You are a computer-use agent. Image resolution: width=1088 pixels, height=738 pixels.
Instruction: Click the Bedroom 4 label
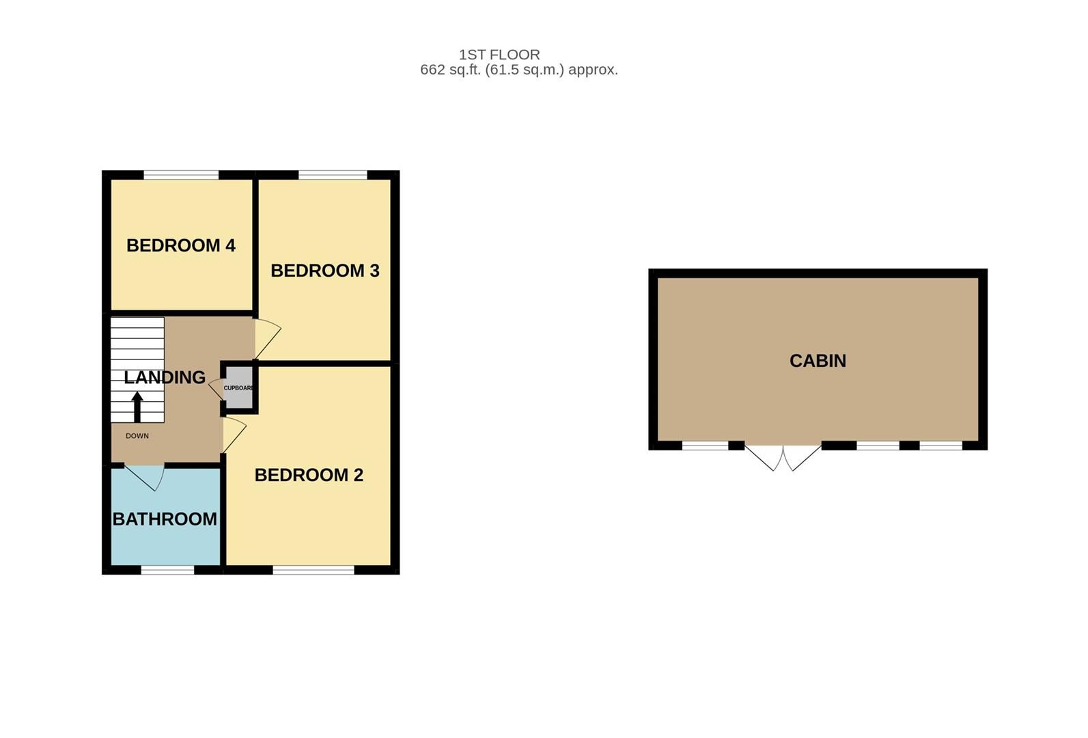pos(181,245)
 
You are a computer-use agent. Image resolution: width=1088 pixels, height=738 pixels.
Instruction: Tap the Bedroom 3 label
pos(325,271)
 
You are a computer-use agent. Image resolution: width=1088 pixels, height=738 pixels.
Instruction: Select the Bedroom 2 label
pos(309,475)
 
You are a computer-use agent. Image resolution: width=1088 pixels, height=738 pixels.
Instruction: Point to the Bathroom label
pos(165,519)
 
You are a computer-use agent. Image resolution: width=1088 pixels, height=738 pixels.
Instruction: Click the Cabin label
pos(818,361)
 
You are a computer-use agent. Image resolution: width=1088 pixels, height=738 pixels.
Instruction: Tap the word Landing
pos(165,377)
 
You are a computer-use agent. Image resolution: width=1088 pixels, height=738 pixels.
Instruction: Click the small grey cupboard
pos(239,388)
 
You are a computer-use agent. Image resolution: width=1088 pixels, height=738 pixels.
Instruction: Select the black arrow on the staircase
pos(137,406)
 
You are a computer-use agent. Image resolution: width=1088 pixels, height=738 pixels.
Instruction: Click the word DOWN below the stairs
pos(137,436)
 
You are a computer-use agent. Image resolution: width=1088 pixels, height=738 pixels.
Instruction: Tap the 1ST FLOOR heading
pos(499,55)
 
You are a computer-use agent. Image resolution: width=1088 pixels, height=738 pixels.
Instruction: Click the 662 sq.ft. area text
pos(518,70)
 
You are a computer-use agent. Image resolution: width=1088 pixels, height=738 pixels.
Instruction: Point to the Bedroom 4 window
pos(181,175)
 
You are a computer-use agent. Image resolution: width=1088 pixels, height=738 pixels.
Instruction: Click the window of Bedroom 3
pos(333,175)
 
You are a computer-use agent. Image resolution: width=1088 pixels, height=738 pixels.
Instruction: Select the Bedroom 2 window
pos(313,570)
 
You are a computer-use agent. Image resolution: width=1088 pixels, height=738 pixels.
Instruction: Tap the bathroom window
pos(167,570)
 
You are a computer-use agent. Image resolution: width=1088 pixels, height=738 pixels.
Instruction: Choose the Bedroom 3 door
pos(266,338)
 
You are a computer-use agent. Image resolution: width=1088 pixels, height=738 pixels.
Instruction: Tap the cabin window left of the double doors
pos(705,446)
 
